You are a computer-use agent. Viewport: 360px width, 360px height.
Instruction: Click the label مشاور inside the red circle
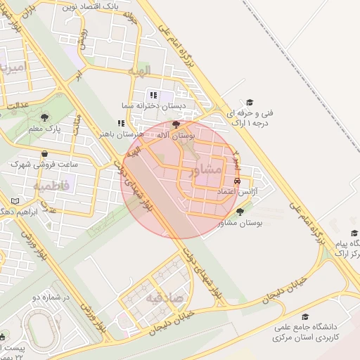pos(205,169)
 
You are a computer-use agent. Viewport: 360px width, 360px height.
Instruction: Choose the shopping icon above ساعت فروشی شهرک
pos(46,154)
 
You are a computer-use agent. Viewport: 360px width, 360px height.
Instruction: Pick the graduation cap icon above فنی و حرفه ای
pos(247,102)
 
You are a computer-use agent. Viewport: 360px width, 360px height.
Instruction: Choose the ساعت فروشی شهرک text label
pos(43,165)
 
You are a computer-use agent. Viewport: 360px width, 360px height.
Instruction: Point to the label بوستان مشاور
pos(240,223)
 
